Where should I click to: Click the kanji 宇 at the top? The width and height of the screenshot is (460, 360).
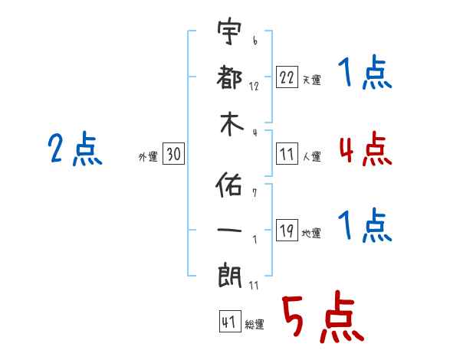(x=229, y=31)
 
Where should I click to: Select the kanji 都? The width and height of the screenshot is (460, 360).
(x=229, y=77)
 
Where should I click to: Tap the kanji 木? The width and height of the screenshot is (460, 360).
(x=232, y=124)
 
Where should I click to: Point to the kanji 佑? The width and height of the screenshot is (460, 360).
(x=228, y=184)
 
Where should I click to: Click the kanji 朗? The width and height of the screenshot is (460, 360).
(x=229, y=276)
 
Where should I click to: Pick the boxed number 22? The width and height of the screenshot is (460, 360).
(x=287, y=77)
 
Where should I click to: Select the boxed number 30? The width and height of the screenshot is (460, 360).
(x=174, y=153)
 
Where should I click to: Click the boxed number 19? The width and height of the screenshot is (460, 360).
(x=287, y=230)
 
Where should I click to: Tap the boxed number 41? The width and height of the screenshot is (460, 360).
(x=230, y=322)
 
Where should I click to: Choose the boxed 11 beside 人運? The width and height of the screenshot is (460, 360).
(x=287, y=153)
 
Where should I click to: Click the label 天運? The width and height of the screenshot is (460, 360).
(x=312, y=80)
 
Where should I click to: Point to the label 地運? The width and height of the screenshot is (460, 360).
(x=311, y=233)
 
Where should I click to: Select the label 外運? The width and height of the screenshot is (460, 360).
(x=148, y=156)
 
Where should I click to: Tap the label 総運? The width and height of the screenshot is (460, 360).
(x=255, y=324)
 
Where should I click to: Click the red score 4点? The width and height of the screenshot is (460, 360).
(x=366, y=149)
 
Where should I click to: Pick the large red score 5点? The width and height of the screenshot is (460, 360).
(x=323, y=316)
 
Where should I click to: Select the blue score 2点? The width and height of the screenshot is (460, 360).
(x=75, y=149)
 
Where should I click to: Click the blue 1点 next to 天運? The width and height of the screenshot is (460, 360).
(x=365, y=72)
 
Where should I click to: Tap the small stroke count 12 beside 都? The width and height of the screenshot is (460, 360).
(x=254, y=87)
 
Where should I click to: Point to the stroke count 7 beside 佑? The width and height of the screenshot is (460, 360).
(x=255, y=193)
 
